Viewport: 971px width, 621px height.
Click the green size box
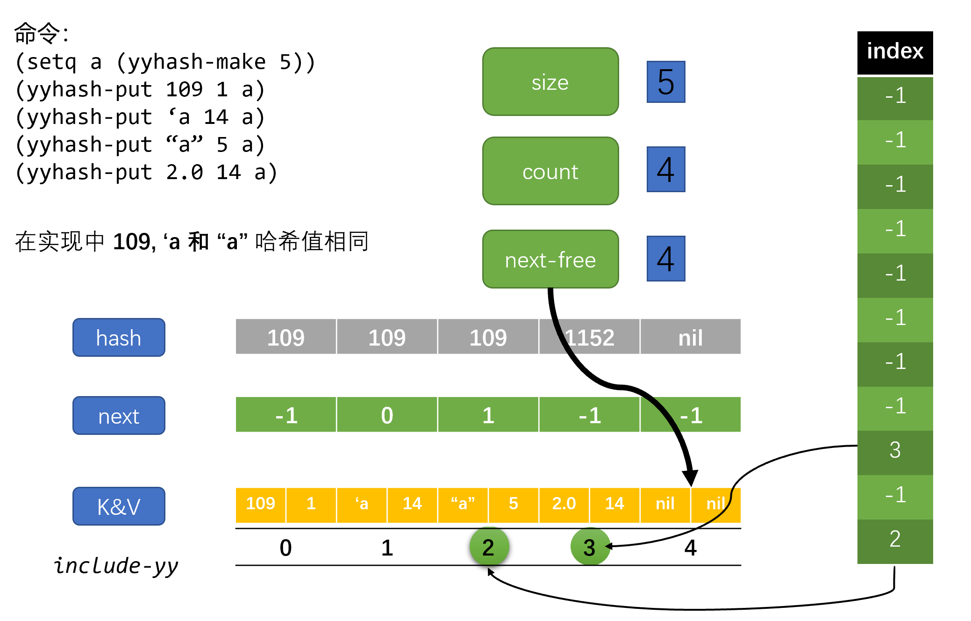[550, 82]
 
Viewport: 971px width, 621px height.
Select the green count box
[550, 171]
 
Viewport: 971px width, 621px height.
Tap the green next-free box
[550, 259]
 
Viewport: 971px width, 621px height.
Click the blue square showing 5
[665, 82]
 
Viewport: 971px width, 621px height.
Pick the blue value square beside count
[665, 169]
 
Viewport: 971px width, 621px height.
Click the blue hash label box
[119, 337]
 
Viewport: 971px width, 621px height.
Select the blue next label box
[119, 415]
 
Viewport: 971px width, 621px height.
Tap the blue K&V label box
[119, 506]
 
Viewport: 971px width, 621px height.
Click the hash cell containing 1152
[589, 337]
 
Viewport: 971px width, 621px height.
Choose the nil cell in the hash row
[690, 337]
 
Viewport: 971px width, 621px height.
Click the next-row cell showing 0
[387, 415]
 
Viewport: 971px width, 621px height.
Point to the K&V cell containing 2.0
[564, 504]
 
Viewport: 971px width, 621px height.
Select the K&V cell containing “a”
[463, 504]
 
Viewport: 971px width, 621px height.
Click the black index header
[895, 51]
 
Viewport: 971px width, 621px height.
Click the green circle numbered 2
[489, 547]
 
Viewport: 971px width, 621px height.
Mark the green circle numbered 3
[590, 547]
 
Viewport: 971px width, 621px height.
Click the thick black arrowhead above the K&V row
[690, 477]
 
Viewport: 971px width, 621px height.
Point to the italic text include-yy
[116, 566]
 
